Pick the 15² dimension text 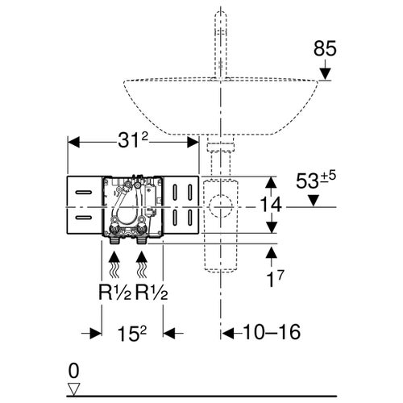(133, 331)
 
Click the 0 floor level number (75, 371)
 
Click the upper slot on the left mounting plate (85, 193)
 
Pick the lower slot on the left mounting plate (85, 218)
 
